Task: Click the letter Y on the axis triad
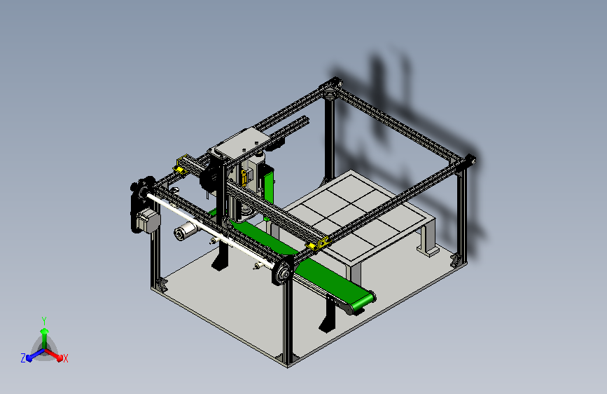pyautogui.click(x=44, y=321)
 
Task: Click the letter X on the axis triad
pyautogui.click(x=65, y=359)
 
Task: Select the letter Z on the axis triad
pyautogui.click(x=23, y=358)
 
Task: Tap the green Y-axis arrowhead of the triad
pyautogui.click(x=45, y=332)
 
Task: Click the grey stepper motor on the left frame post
pyautogui.click(x=148, y=220)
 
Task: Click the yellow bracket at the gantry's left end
pyautogui.click(x=181, y=165)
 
